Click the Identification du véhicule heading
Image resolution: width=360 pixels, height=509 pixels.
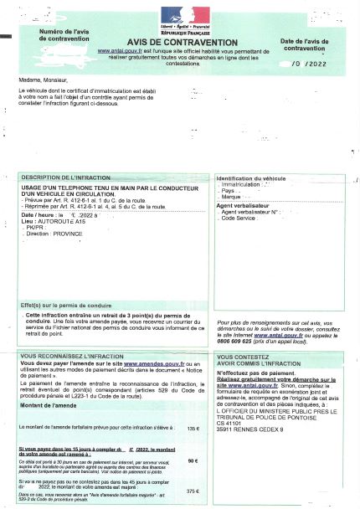tap(251, 179)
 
